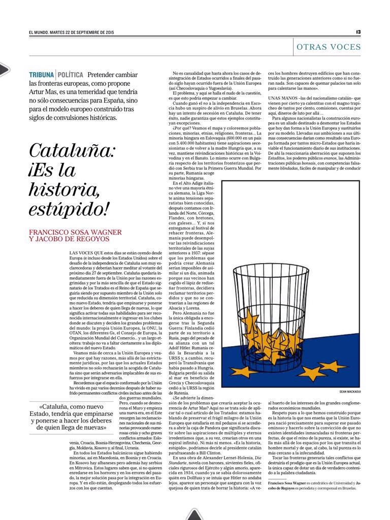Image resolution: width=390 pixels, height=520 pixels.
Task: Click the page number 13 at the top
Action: (358, 31)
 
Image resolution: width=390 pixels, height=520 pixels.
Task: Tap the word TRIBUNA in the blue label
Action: (42, 75)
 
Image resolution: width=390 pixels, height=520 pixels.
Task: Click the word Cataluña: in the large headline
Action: (73, 151)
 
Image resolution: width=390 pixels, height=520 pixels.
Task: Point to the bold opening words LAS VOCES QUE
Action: (86, 252)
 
